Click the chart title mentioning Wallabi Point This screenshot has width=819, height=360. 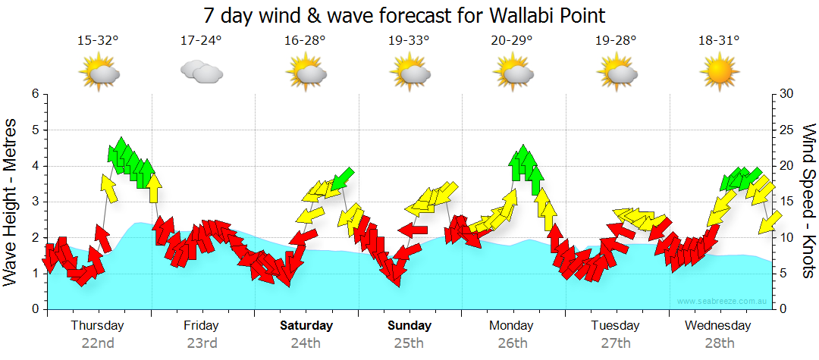point(404,15)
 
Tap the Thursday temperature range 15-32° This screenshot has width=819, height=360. point(99,41)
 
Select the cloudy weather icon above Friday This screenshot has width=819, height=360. point(202,72)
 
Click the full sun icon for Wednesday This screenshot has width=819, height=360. point(719,74)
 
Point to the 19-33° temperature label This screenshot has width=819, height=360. point(409,41)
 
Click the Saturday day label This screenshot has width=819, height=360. point(306,326)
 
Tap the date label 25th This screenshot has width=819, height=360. point(409,343)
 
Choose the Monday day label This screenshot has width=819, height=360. point(513,326)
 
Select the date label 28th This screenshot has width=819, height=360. point(718,343)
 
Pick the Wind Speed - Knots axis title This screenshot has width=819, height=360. point(808,202)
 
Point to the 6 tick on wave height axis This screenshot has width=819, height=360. point(34,94)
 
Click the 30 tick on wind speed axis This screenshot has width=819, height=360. point(786,94)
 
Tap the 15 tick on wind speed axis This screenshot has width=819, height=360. point(786,202)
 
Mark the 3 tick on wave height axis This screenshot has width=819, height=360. point(34,202)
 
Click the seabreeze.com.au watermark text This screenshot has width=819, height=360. point(723,302)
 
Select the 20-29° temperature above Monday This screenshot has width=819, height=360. point(513,41)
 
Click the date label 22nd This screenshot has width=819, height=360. point(99,343)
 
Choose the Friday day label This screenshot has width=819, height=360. point(201,326)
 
